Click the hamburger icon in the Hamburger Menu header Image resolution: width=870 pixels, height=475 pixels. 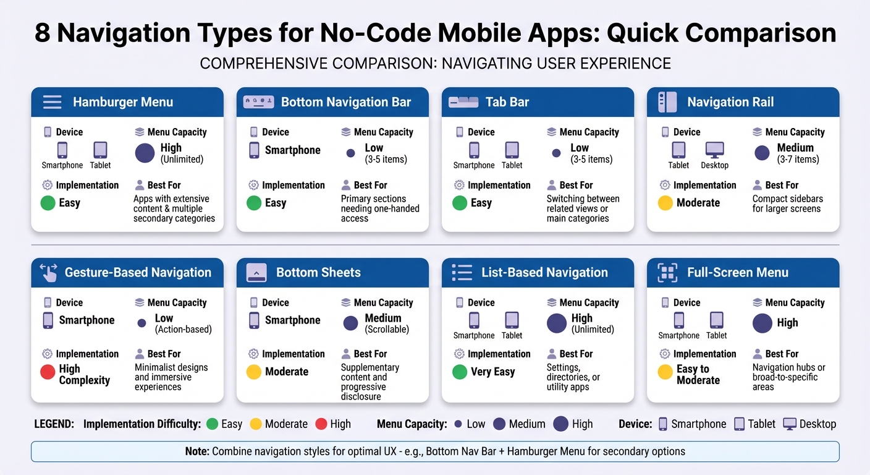tap(52, 102)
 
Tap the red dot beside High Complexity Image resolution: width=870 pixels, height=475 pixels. tap(48, 372)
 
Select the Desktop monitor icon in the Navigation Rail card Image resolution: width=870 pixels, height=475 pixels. tap(714, 150)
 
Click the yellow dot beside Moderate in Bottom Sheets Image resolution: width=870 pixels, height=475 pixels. tap(254, 372)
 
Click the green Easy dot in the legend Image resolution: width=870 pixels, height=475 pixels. tap(212, 424)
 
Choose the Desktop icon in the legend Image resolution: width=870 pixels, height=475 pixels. tap(790, 424)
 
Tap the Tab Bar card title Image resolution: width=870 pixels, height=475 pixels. tap(507, 102)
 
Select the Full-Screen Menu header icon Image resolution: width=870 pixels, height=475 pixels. tap(667, 273)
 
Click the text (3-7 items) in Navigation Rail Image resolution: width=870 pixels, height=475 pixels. tap(798, 160)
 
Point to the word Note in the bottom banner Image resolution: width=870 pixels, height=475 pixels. tap(196, 451)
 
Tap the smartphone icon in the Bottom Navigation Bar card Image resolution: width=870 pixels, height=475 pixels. tap(254, 150)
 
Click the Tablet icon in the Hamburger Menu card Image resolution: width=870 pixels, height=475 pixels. tap(100, 150)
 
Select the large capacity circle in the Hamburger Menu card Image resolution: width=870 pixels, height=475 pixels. tap(145, 153)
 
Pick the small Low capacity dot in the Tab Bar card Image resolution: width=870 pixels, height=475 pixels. tap(556, 153)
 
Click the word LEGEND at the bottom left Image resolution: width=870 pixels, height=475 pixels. tap(54, 424)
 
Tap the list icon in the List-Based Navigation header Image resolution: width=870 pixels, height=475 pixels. tap(462, 273)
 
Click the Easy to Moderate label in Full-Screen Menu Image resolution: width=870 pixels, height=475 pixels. tap(698, 374)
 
